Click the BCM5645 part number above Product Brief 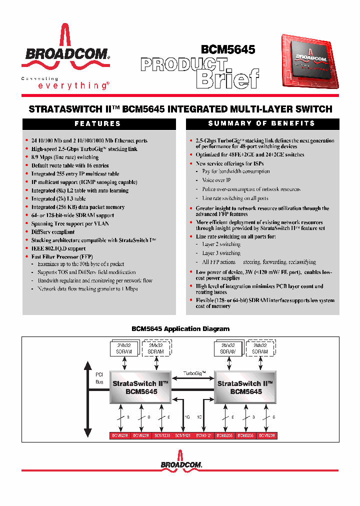click(227, 49)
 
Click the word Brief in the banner click(227, 78)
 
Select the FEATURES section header click(98, 123)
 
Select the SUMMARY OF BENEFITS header click(261, 123)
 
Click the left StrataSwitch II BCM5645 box click(141, 388)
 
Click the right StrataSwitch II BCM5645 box click(245, 388)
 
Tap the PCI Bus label click(99, 377)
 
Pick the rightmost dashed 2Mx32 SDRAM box click(260, 348)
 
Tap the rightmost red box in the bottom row click(266, 435)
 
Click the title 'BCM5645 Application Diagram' click(180, 328)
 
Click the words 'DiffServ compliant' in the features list click(53, 232)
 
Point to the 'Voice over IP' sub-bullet click(216, 180)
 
